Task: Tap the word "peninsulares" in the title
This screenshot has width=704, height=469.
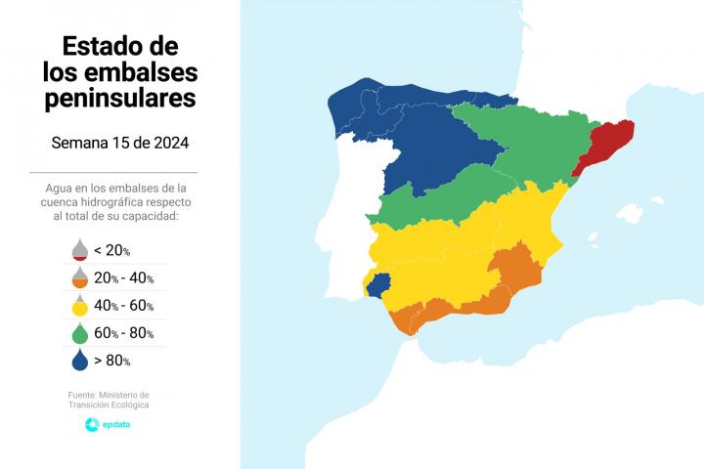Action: pyautogui.click(x=119, y=99)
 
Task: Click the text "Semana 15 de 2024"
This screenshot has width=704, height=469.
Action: pyautogui.click(x=119, y=143)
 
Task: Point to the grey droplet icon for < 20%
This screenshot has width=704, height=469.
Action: pyautogui.click(x=79, y=249)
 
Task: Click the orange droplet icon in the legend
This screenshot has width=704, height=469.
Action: pyautogui.click(x=79, y=277)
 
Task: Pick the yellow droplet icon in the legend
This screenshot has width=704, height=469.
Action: pyautogui.click(x=79, y=305)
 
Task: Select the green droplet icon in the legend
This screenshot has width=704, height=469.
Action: pyautogui.click(x=79, y=332)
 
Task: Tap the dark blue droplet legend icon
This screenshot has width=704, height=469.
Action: pyautogui.click(x=79, y=361)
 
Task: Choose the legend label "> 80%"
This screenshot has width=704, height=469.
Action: pyautogui.click(x=112, y=362)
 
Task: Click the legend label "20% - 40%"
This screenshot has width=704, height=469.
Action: pyautogui.click(x=124, y=278)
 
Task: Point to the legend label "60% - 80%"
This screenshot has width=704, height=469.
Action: pyautogui.click(x=124, y=333)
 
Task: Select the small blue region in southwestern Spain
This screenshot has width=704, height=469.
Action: pyautogui.click(x=378, y=284)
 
